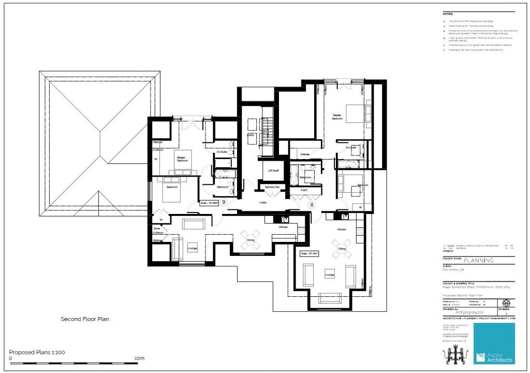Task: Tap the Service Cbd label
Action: click(x=272, y=187)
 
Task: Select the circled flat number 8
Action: click(x=312, y=205)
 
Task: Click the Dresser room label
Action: click(x=305, y=154)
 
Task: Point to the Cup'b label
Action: click(x=304, y=190)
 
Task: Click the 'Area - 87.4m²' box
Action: click(x=310, y=254)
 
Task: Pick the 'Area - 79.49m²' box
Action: click(x=209, y=204)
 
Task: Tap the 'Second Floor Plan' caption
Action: click(x=85, y=319)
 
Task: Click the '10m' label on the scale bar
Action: click(x=139, y=358)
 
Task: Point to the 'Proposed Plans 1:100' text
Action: click(x=37, y=352)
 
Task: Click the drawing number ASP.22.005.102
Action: click(x=468, y=313)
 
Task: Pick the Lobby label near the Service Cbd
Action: click(x=262, y=203)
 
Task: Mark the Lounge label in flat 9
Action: click(x=192, y=249)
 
